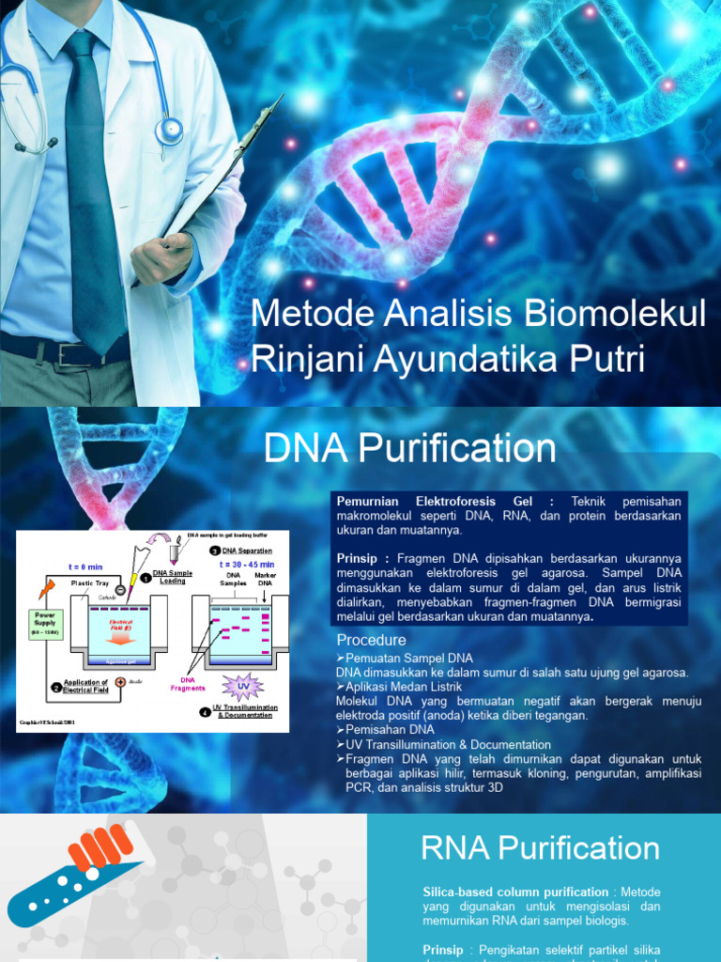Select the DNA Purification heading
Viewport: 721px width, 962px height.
(x=410, y=448)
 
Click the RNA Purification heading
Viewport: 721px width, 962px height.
(x=540, y=848)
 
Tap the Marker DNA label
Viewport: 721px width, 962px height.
(x=265, y=579)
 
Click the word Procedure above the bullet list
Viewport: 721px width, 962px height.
(x=371, y=641)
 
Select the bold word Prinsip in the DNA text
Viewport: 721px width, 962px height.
(x=360, y=558)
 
